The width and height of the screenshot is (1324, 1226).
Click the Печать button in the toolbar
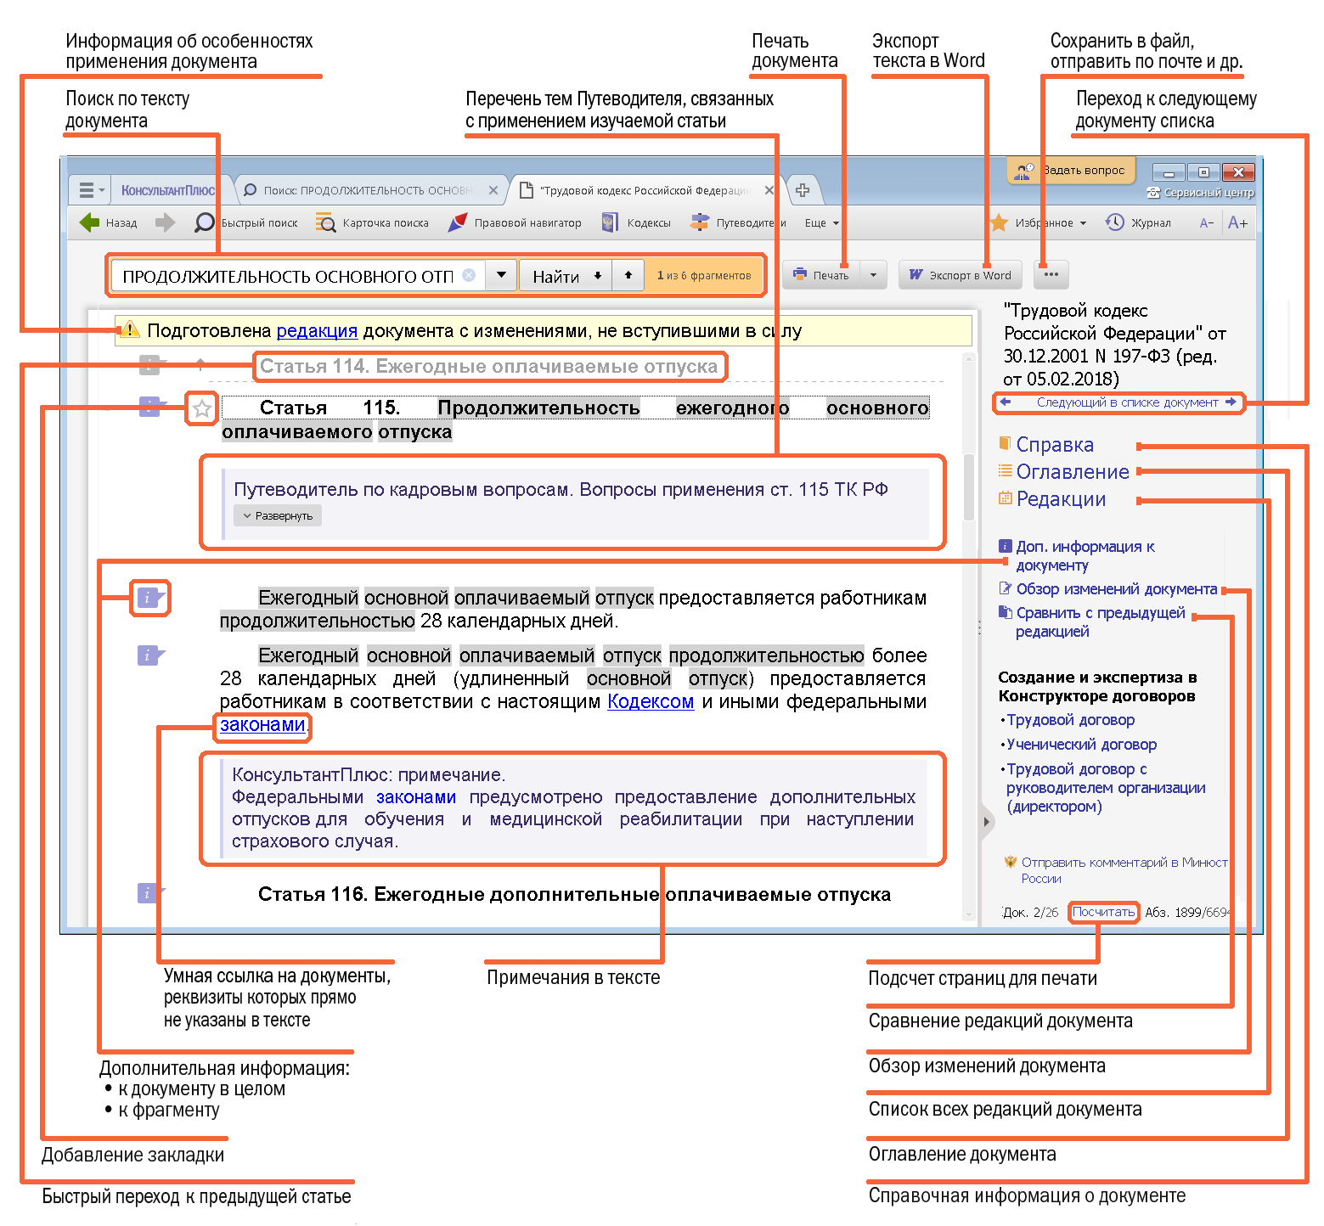(821, 275)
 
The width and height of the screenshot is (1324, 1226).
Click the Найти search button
(556, 276)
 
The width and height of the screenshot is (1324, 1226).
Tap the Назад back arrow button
(108, 222)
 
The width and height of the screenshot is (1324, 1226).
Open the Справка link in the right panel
(1055, 445)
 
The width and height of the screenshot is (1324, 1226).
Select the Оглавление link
(1073, 472)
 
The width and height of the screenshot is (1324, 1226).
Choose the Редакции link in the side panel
(1061, 499)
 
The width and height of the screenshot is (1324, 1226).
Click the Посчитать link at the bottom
(1103, 912)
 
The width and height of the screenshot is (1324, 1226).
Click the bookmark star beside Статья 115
(201, 409)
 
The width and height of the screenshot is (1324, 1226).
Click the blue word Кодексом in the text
(651, 701)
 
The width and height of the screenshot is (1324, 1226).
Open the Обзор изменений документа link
(1116, 589)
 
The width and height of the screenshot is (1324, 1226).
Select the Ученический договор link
(1081, 745)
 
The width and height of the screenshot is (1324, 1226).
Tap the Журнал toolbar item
(1138, 222)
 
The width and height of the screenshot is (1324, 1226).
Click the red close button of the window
(1238, 172)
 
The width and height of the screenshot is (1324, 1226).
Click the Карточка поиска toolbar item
(372, 222)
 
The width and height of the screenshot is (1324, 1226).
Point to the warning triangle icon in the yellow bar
(129, 329)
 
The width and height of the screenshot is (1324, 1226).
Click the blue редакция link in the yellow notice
(317, 330)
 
